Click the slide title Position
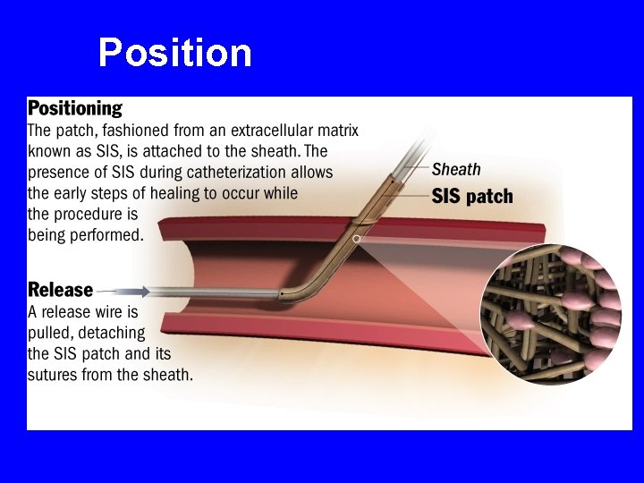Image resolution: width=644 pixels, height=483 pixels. click(x=175, y=53)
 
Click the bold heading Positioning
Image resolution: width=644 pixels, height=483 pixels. click(x=75, y=109)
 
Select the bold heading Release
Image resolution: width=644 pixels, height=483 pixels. click(x=61, y=290)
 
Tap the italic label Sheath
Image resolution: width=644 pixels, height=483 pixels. click(x=456, y=169)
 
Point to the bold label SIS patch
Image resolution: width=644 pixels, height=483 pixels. click(x=472, y=196)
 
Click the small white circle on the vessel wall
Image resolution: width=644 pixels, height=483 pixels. click(x=357, y=239)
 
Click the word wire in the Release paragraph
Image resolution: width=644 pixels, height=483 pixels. click(x=110, y=312)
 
